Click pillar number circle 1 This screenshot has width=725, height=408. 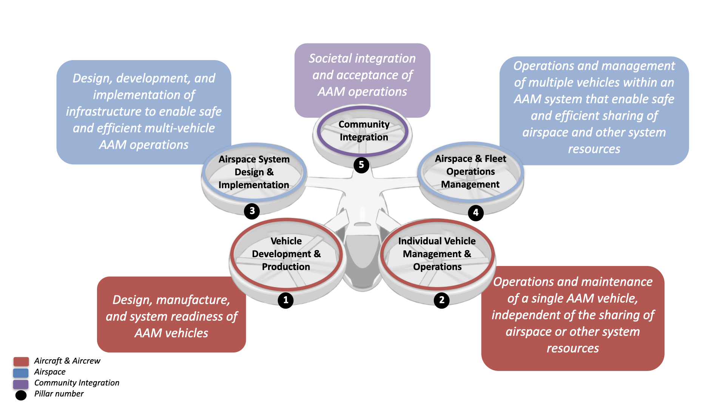pos(285,300)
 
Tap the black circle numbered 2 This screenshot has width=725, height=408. pos(441,300)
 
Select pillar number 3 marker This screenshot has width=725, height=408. pos(252,211)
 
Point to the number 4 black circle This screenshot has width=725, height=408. pos(476,213)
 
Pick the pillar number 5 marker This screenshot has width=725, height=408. pos(361,165)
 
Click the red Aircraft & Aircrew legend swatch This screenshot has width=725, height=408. pos(21,362)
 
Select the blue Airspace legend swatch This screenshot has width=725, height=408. pos(21,373)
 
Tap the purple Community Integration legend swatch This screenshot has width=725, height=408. pos(21,384)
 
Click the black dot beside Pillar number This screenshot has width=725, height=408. pos(21,395)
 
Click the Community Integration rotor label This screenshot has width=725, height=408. pos(364,131)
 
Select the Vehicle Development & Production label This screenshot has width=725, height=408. pos(286,254)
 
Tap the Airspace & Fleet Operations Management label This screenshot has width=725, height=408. pos(470,172)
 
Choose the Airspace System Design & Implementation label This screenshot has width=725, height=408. pos(254,172)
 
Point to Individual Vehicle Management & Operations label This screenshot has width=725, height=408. pos(437,254)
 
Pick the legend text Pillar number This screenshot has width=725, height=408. pos(59,394)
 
